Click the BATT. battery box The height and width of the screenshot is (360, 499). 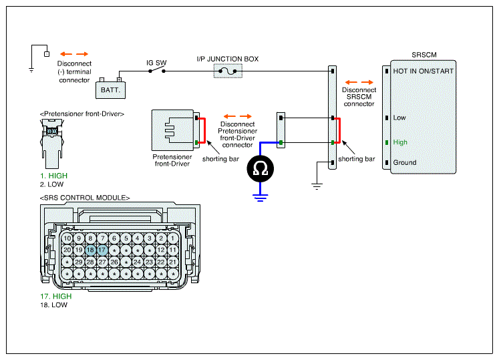coord(110,89)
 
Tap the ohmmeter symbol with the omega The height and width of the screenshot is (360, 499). coord(261,169)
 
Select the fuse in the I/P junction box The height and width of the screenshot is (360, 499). coord(228,71)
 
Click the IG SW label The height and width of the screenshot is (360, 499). coord(156,63)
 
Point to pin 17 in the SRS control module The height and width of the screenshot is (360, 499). coord(102,250)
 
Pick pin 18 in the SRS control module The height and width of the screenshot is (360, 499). coord(90,250)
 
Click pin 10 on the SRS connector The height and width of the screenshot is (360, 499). coord(67,238)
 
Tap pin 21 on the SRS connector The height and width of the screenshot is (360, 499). coord(173,262)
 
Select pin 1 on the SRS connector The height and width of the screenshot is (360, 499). coord(173,238)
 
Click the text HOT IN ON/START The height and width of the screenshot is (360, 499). coord(424,71)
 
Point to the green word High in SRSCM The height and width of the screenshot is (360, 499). coord(400,142)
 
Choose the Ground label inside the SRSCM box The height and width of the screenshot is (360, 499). coord(405,162)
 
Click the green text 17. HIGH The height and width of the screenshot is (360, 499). coord(56,297)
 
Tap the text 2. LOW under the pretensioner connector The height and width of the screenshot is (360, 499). coord(51,184)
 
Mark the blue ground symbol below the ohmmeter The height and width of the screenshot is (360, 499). coord(261,198)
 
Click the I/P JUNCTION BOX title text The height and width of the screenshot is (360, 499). coord(228,59)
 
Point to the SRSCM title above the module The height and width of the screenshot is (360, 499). coord(424,55)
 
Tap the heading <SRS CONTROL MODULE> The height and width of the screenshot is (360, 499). coord(85,198)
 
